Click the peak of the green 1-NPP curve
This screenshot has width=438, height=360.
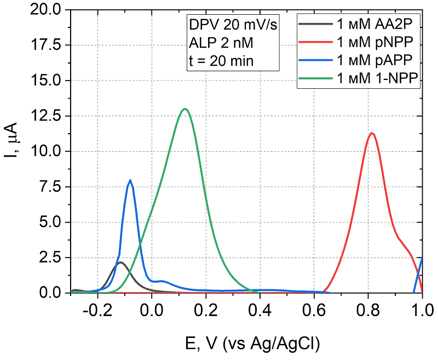tap(185, 109)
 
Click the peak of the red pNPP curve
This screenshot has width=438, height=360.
tap(372, 133)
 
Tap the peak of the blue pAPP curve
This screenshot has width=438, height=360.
tap(130, 180)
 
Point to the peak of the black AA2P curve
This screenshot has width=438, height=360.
tap(120, 262)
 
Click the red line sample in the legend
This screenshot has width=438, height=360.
tap(316, 42)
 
